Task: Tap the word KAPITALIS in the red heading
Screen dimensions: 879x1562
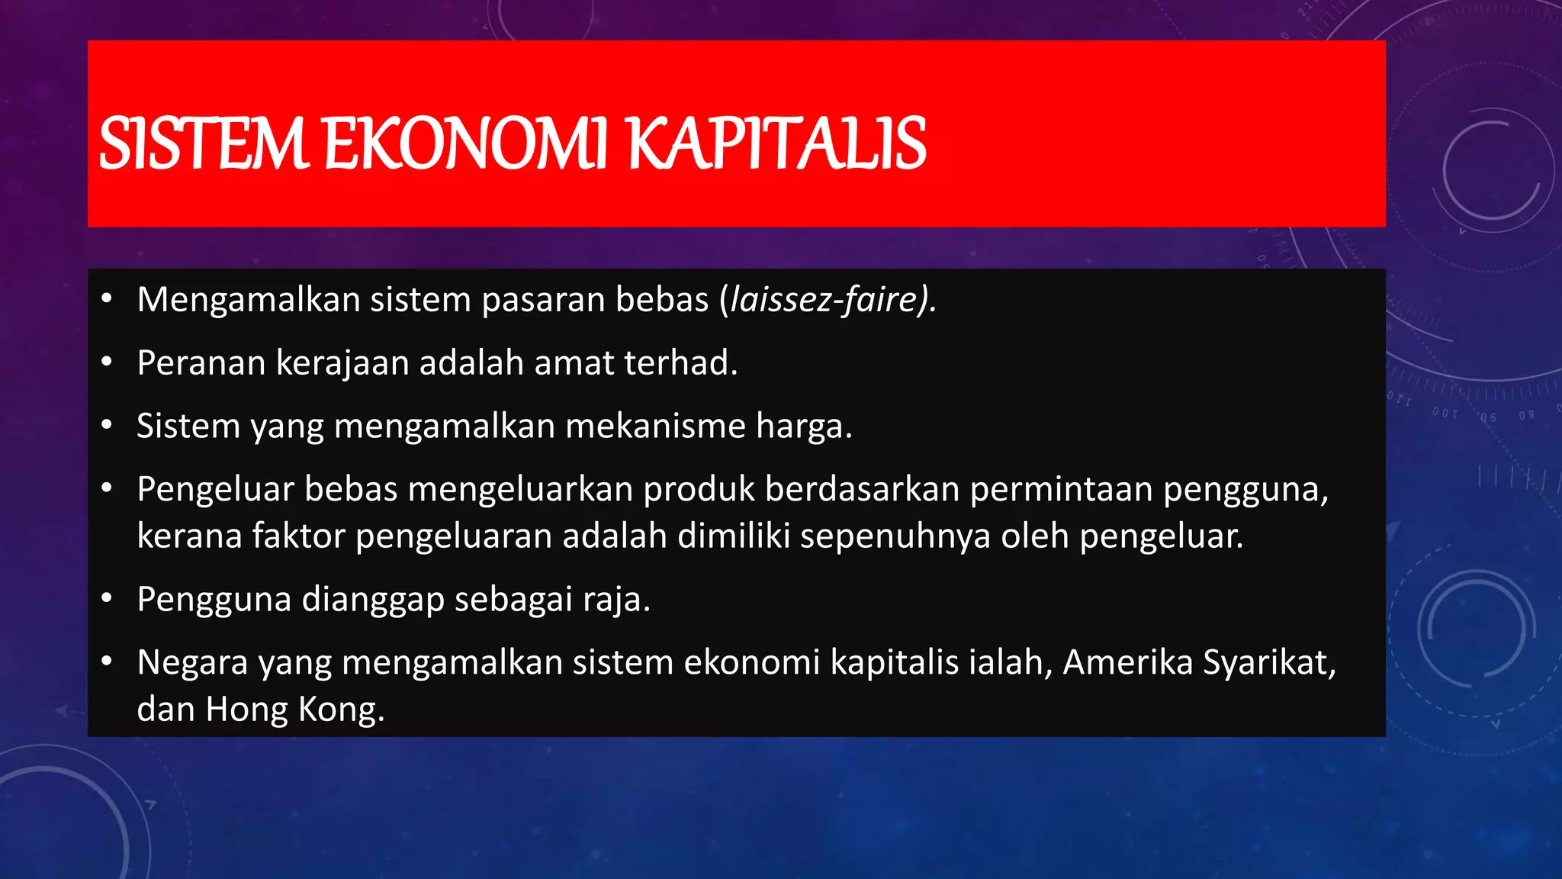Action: click(x=776, y=143)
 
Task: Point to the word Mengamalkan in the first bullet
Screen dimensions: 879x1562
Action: click(x=249, y=299)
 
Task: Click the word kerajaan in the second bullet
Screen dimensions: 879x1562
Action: click(x=342, y=362)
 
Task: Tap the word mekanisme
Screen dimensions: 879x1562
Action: click(x=655, y=426)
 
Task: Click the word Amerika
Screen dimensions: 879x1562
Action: click(x=1127, y=662)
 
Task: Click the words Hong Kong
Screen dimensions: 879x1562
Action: click(x=294, y=710)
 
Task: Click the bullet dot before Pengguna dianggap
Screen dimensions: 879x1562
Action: click(x=107, y=598)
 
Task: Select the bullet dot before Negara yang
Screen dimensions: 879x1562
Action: click(x=107, y=662)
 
